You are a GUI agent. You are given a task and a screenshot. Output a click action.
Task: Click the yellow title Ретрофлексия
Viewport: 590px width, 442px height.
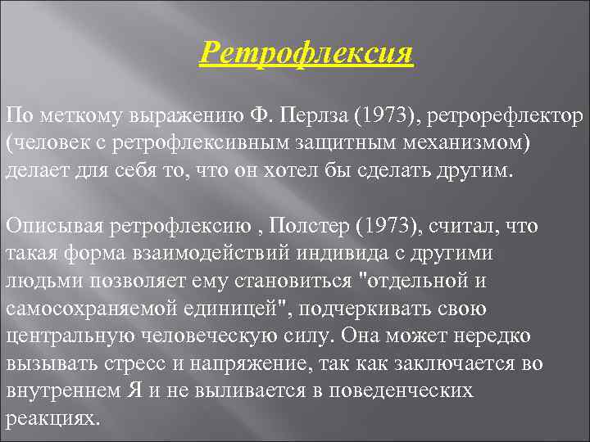[x=306, y=55]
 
